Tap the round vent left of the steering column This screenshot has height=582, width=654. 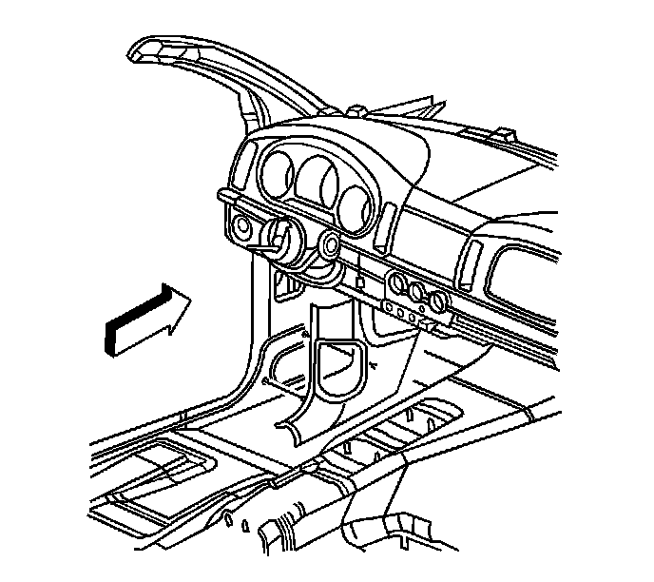pyautogui.click(x=238, y=228)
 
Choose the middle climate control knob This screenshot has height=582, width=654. pyautogui.click(x=416, y=291)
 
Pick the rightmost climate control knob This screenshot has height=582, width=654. pyautogui.click(x=437, y=302)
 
